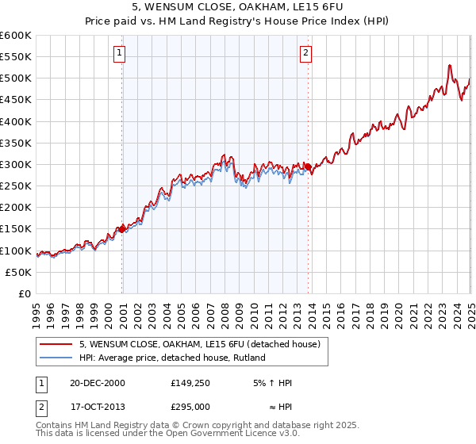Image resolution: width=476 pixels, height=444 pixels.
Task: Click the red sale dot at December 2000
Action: (122, 229)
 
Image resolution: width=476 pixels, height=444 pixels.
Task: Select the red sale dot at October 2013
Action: (308, 166)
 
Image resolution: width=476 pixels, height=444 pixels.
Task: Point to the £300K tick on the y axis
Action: (16, 164)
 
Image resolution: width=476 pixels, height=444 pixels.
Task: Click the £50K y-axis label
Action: (19, 272)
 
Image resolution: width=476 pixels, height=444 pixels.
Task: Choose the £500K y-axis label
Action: (16, 78)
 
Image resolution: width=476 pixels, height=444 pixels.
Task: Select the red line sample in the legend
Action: (57, 345)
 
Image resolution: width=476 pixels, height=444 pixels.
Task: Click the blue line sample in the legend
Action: (57, 358)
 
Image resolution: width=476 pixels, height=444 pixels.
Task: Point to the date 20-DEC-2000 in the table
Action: (97, 383)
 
